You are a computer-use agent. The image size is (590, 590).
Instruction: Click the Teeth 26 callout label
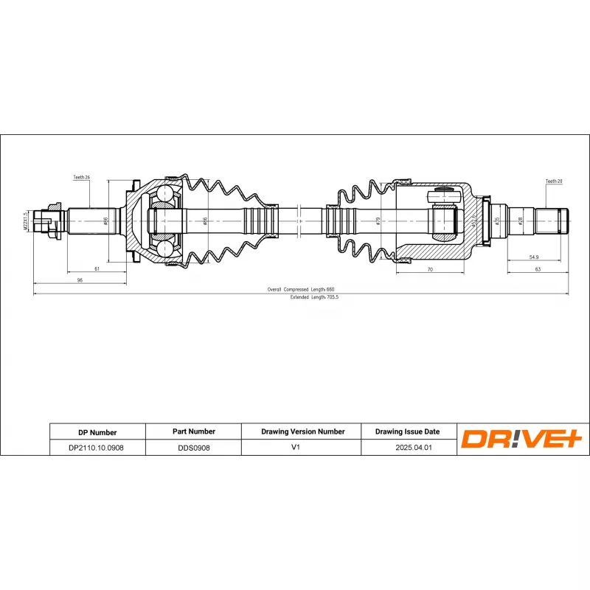(81, 178)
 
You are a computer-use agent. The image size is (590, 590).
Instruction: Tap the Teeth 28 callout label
(554, 181)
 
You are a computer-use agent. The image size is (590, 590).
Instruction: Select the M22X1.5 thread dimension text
(25, 221)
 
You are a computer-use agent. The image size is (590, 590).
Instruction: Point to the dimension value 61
(97, 270)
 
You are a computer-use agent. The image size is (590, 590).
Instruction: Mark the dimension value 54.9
(534, 257)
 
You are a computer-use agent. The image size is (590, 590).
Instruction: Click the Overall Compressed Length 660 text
(301, 289)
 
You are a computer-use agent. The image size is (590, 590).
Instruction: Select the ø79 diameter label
(378, 220)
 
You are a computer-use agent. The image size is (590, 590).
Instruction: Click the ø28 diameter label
(519, 220)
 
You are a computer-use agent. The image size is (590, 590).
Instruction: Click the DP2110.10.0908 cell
(97, 448)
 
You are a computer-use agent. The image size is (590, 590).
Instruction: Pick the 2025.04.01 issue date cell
(407, 448)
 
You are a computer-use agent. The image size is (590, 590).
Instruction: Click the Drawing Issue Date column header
(407, 431)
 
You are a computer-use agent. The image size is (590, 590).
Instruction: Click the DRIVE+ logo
(521, 440)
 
